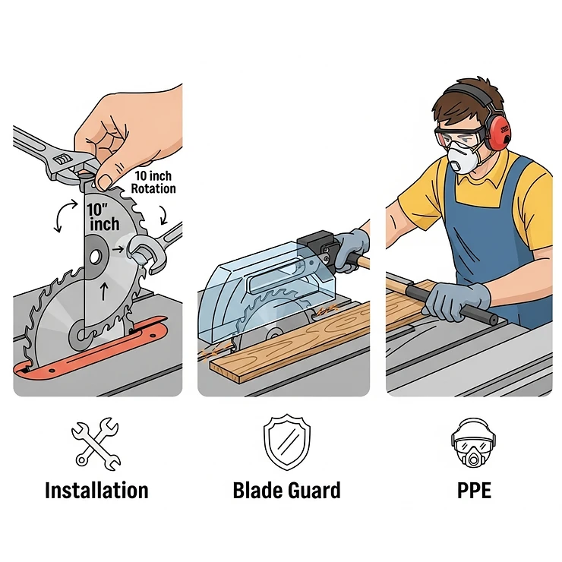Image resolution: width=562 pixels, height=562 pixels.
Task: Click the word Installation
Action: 96,490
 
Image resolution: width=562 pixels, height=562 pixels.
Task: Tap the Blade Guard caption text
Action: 286,490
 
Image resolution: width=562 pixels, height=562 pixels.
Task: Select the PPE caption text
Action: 474,490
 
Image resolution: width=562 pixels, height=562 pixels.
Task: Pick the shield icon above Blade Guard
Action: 286,440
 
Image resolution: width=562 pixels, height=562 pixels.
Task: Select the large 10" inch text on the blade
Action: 104,216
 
